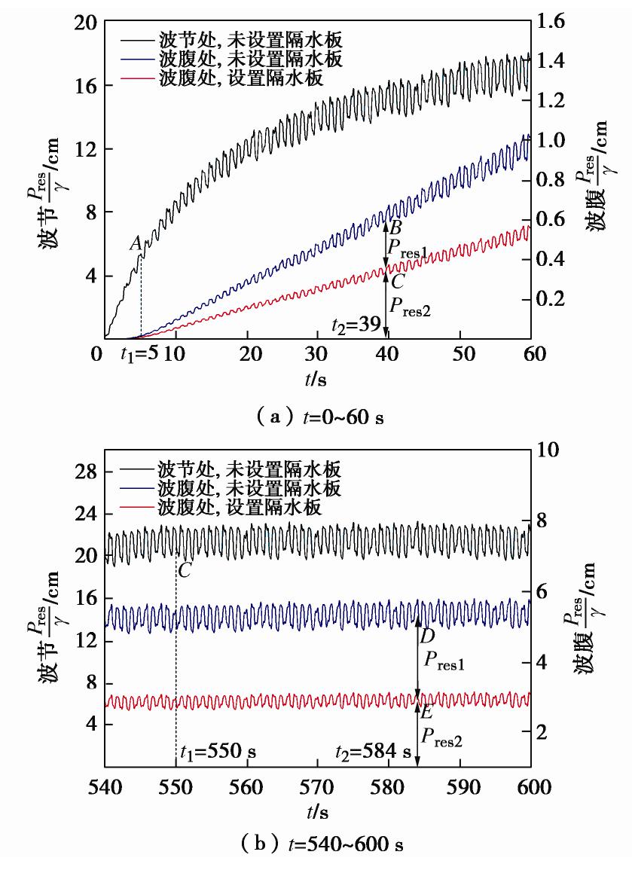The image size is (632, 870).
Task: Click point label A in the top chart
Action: point(135,243)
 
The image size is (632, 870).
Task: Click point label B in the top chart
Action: point(396,227)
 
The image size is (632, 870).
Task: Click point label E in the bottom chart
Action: point(427,710)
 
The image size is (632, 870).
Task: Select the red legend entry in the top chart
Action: point(241,79)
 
